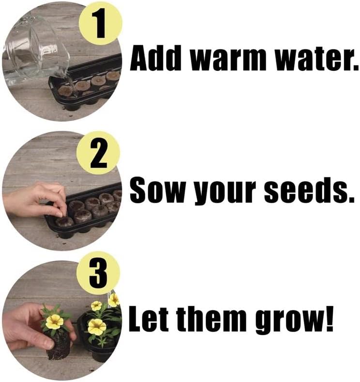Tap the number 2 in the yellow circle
[98, 155]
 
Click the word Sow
[157, 191]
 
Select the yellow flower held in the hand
[54, 322]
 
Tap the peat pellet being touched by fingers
[64, 221]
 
